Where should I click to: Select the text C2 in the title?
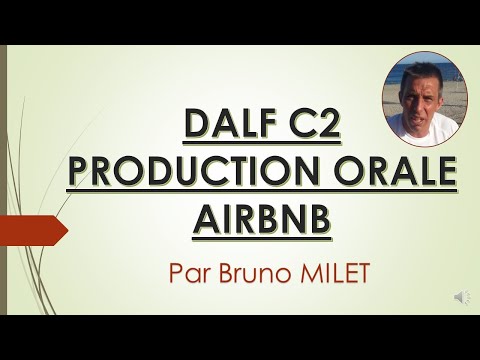click(302, 127)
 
